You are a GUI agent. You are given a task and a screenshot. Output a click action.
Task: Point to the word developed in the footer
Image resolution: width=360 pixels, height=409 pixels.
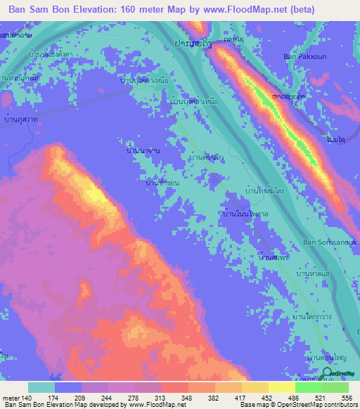103,405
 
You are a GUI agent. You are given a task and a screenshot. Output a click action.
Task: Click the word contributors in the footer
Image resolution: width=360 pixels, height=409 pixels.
340,405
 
